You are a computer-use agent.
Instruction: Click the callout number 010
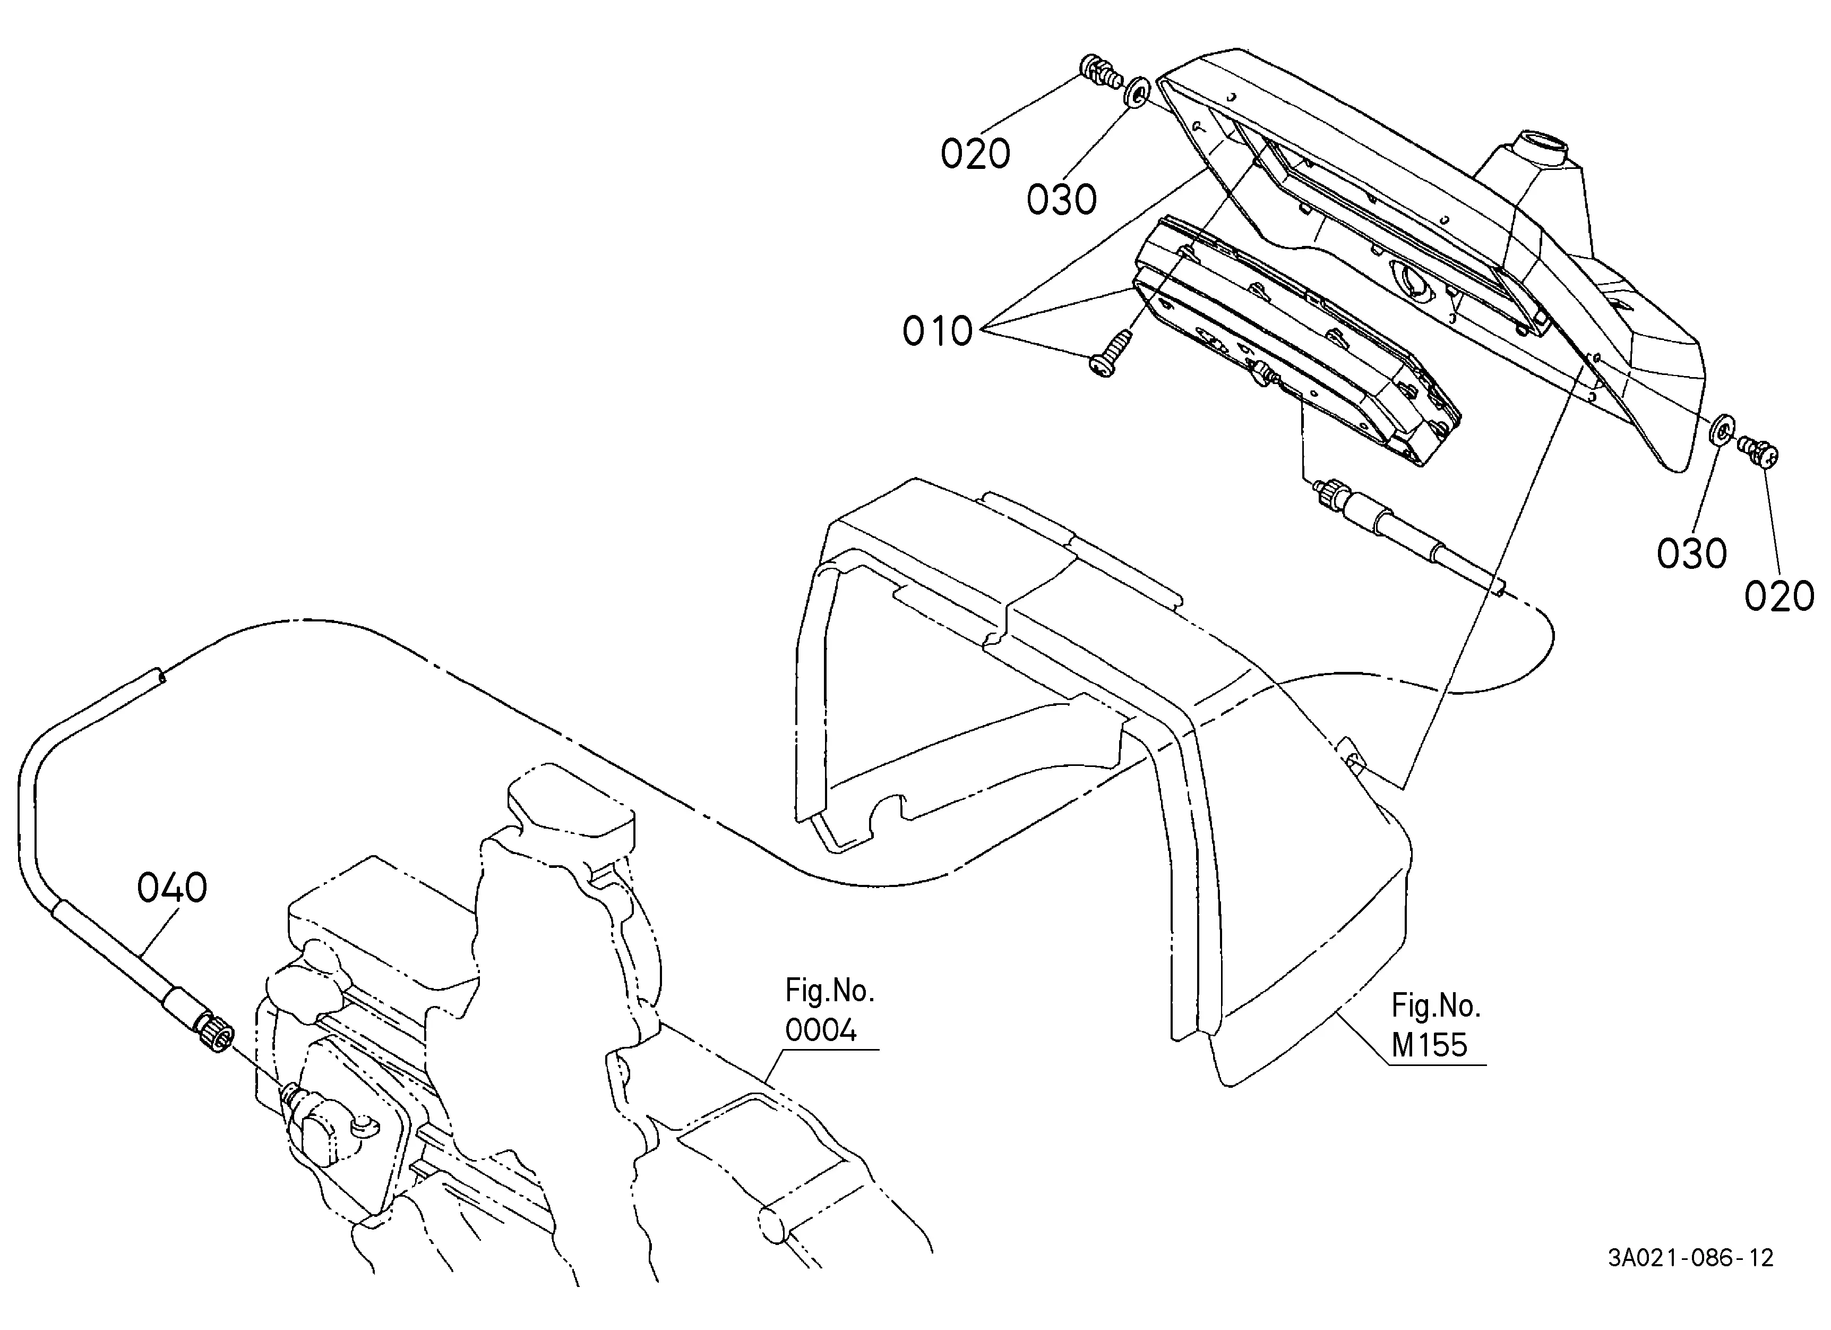tap(938, 331)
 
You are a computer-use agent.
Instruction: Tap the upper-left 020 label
tap(975, 154)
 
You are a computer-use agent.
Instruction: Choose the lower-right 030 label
tap(1692, 553)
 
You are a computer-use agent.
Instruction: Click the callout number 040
tap(172, 888)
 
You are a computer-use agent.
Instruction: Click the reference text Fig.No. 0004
tap(830, 1010)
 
